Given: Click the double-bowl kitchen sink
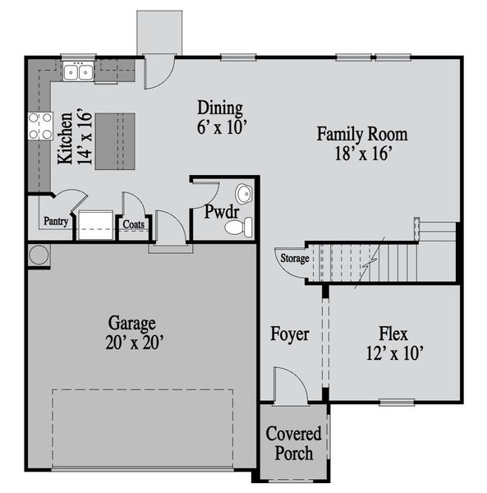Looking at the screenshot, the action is tap(78, 71).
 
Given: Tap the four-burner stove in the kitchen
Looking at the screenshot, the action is tap(40, 126).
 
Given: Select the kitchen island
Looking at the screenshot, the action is tap(115, 141).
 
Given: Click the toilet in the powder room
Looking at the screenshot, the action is tap(239, 227).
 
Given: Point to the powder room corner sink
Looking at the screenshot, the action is tap(244, 193).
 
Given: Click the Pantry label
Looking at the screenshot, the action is tap(56, 221).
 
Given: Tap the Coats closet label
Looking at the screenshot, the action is tap(134, 224).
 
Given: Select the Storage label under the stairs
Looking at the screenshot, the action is tap(295, 259).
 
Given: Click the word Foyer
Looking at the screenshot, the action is tap(290, 334).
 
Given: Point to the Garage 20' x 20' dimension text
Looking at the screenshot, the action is tap(135, 343).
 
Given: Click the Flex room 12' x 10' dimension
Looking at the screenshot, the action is tap(395, 352).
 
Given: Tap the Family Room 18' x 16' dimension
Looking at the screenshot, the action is tap(363, 154).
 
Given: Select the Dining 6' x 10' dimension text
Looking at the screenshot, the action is tap(221, 127).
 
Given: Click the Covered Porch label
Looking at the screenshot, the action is tap(294, 444).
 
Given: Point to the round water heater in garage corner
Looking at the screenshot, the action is tap(39, 255).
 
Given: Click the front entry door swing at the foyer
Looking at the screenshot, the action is tap(290, 385).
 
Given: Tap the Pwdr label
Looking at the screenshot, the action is tap(222, 212).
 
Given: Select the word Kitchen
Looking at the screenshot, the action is tap(66, 138).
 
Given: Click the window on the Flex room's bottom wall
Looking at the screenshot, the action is tap(397, 402).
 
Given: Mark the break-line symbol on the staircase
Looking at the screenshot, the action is tap(370, 263).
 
